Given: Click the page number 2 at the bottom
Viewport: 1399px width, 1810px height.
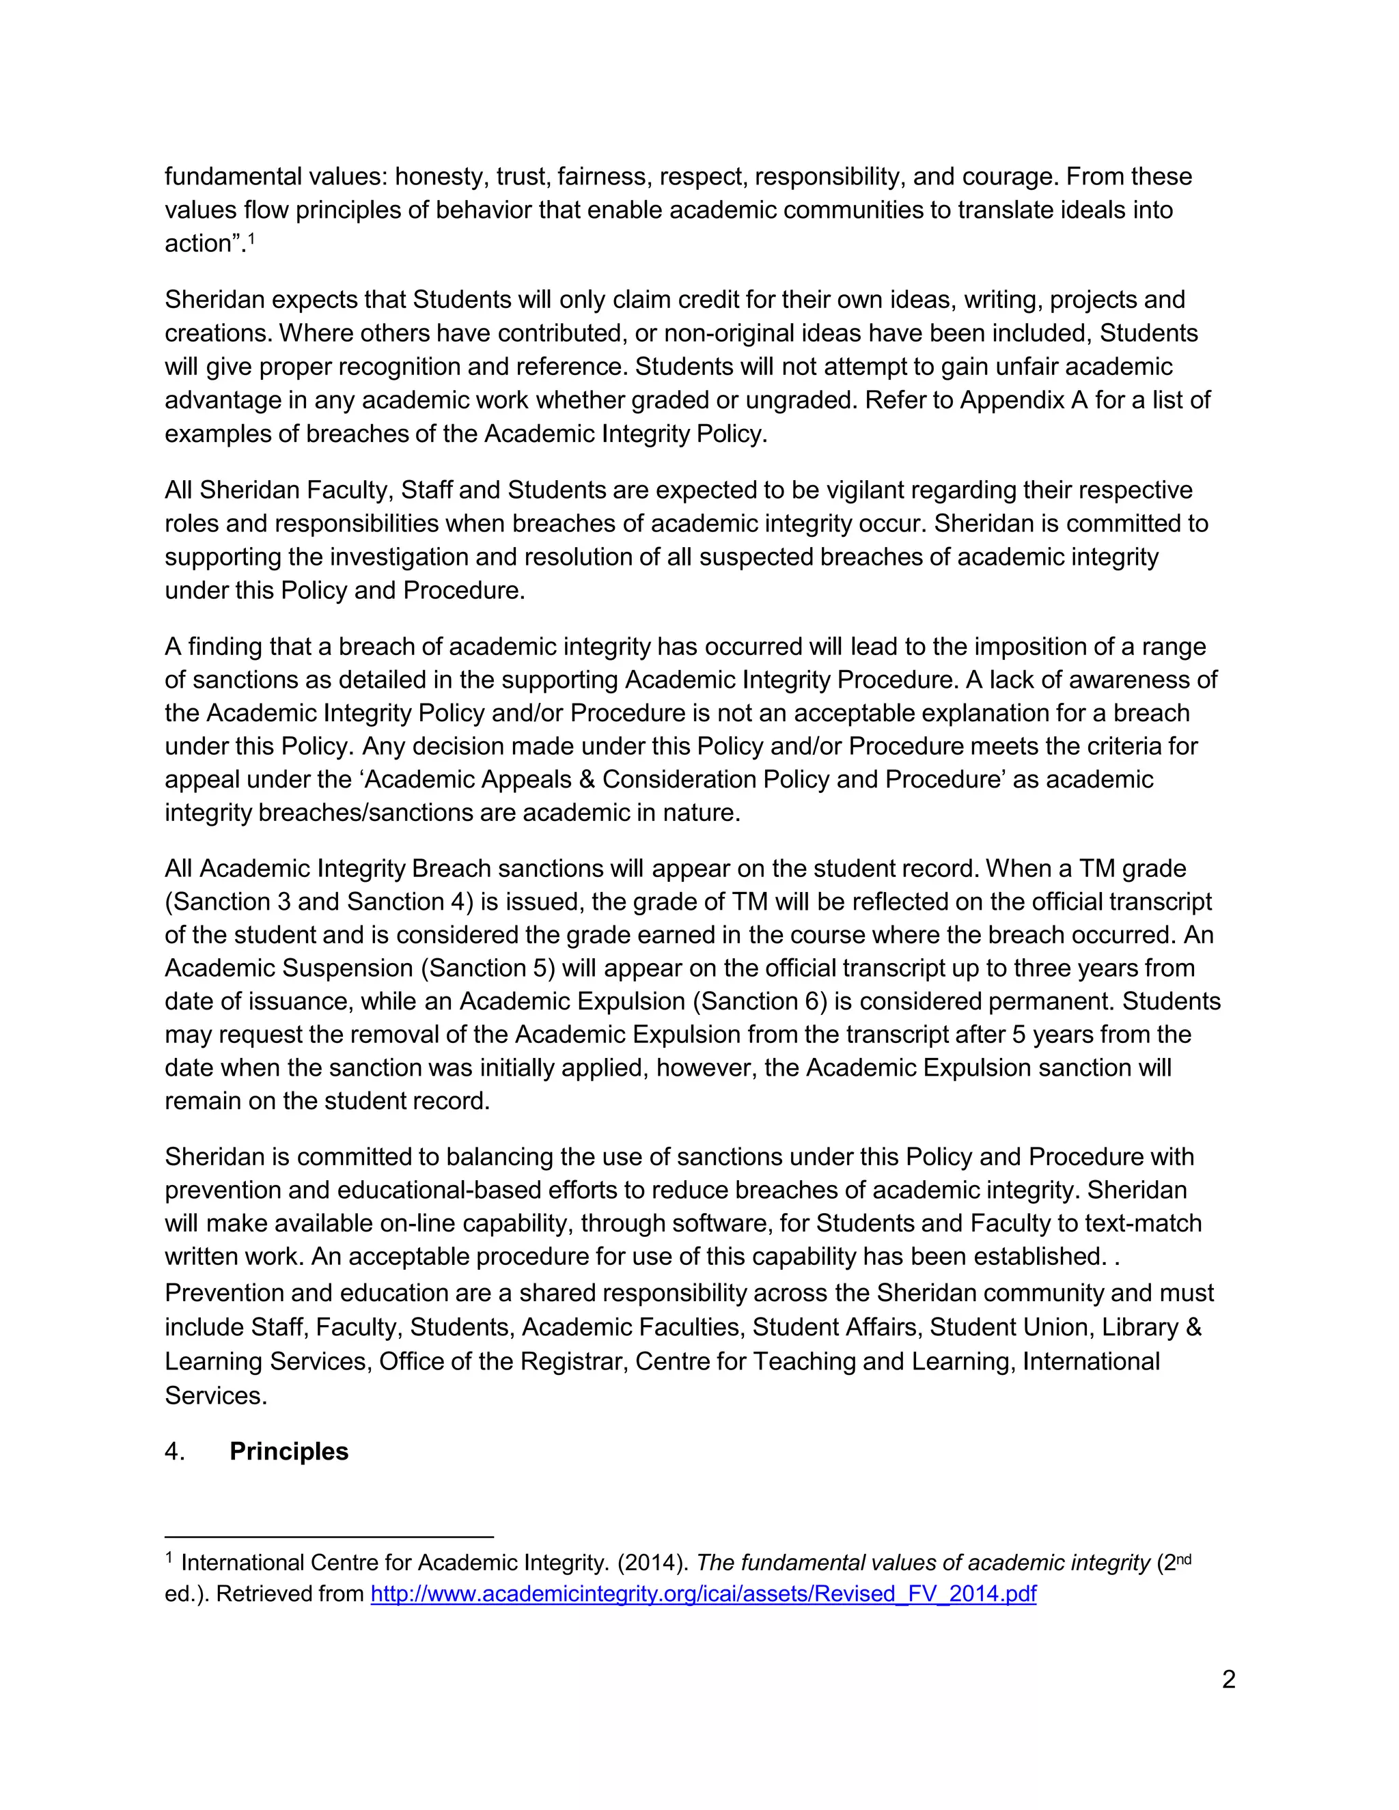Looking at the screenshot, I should point(1228,1679).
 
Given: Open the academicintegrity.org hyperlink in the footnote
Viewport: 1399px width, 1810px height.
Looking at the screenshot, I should point(703,1593).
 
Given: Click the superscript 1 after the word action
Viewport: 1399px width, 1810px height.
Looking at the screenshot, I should point(251,238).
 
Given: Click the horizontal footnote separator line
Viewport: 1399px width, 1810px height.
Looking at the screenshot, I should point(329,1537).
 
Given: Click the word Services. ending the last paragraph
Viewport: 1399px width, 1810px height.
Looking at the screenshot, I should point(215,1395).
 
